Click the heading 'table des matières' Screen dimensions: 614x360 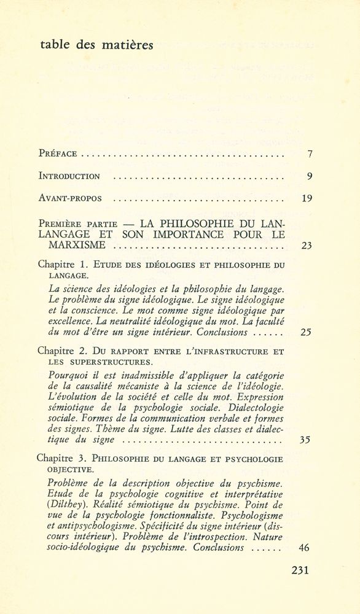point(95,44)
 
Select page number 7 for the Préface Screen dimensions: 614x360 point(311,154)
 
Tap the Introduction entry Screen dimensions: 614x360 point(69,176)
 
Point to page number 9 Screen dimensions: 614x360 point(310,176)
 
